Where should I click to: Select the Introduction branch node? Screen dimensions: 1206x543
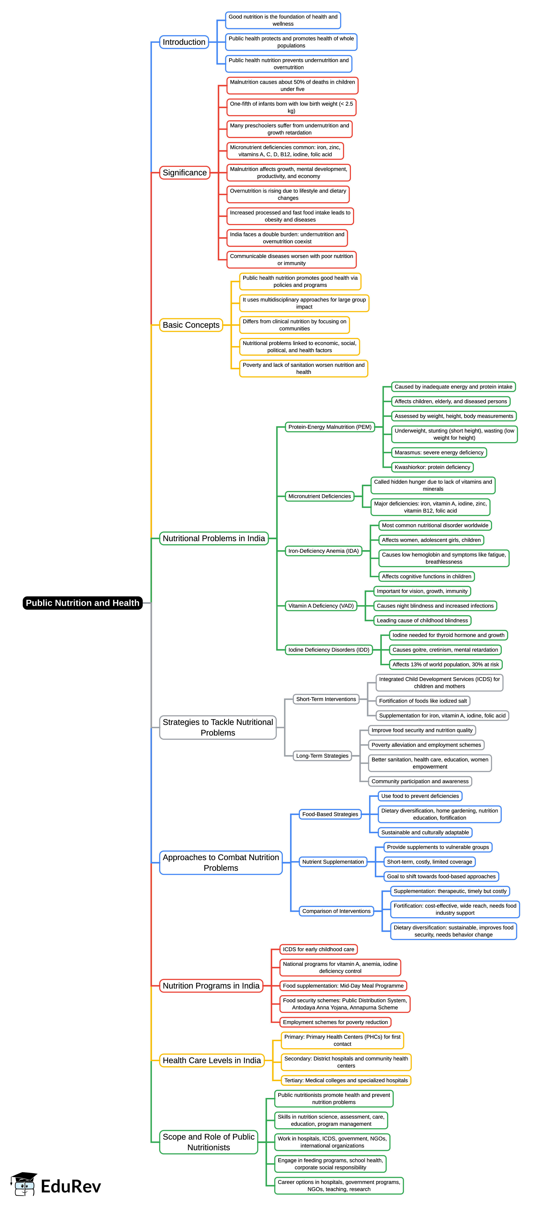(184, 42)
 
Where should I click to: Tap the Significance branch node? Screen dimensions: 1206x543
(184, 173)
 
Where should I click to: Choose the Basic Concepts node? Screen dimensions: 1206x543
(191, 325)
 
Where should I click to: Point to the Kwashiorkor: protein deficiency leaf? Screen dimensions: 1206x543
(432, 467)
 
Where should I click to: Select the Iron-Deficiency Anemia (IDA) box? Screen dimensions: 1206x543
(323, 551)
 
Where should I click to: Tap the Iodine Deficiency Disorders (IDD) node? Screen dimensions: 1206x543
(329, 650)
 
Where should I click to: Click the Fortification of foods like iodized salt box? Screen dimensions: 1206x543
(423, 701)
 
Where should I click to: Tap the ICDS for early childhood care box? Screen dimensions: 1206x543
(318, 949)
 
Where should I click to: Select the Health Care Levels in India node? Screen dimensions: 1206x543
(212, 1060)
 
